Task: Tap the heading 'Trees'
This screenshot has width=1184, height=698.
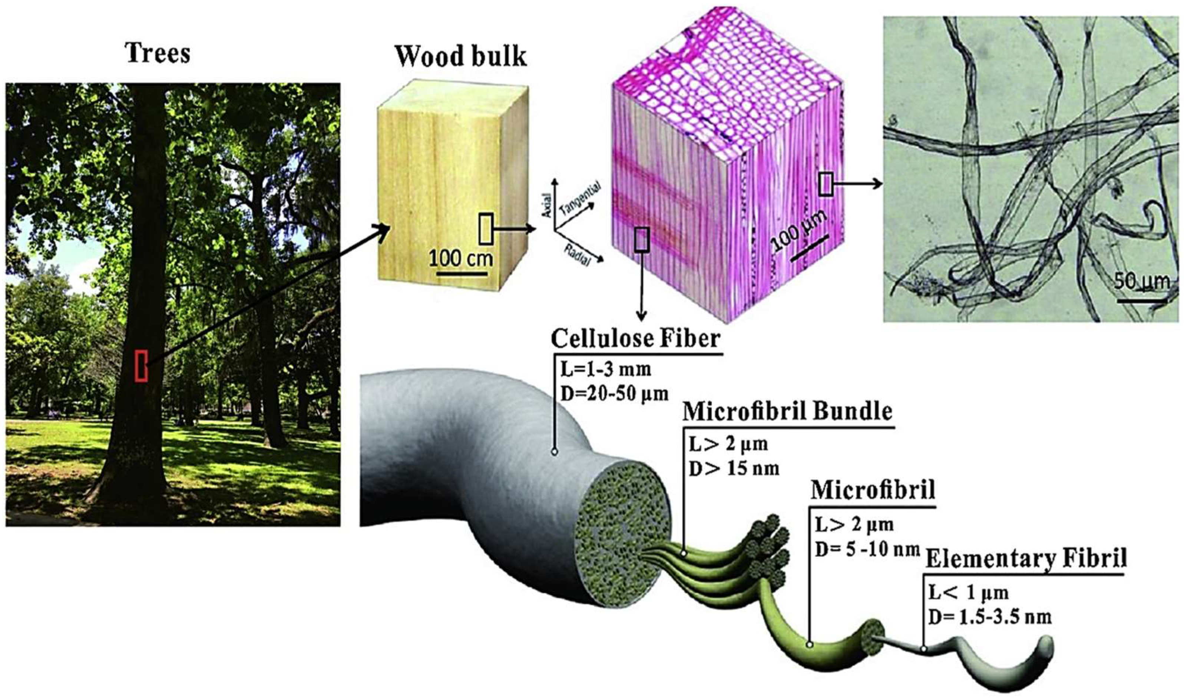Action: tap(158, 53)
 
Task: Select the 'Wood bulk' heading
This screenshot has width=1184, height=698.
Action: tap(460, 56)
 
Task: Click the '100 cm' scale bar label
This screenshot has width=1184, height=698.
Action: tap(461, 258)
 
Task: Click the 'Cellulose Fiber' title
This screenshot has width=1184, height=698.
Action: tap(635, 339)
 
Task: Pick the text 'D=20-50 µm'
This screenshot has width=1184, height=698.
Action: tap(614, 393)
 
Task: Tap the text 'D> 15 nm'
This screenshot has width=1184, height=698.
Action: tap(734, 468)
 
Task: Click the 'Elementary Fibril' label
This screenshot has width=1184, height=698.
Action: tap(1026, 559)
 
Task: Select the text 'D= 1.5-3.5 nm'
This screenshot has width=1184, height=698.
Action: tap(990, 616)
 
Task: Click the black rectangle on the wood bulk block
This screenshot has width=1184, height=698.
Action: tap(486, 229)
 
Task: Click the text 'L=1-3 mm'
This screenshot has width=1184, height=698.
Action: tap(606, 369)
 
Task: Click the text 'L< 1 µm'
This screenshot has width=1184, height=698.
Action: tap(968, 593)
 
